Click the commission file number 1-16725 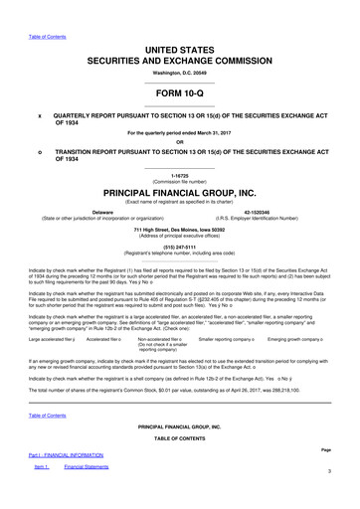click(180, 174)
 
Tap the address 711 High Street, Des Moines click(180, 230)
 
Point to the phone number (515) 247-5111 click(180, 248)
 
